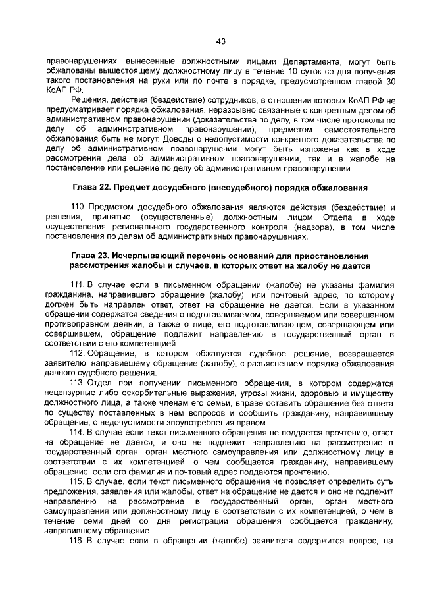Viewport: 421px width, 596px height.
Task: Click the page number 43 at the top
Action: (x=221, y=41)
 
